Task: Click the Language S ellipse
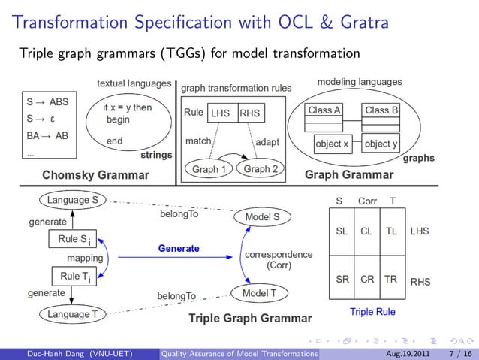[x=73, y=201]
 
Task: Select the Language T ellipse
[x=73, y=314]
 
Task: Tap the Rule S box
[x=74, y=240]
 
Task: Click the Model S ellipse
[x=263, y=217]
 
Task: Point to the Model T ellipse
[x=259, y=292]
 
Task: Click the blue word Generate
[x=179, y=248]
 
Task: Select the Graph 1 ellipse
[x=209, y=169]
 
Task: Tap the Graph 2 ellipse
[x=261, y=169]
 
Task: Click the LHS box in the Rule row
[x=221, y=113]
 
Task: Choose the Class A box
[x=324, y=110]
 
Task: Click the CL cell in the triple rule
[x=366, y=232]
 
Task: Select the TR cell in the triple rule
[x=390, y=278]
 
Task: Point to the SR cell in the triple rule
[x=342, y=278]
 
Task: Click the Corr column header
[x=367, y=201]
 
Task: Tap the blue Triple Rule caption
[x=372, y=311]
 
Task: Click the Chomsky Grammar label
[x=95, y=176]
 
